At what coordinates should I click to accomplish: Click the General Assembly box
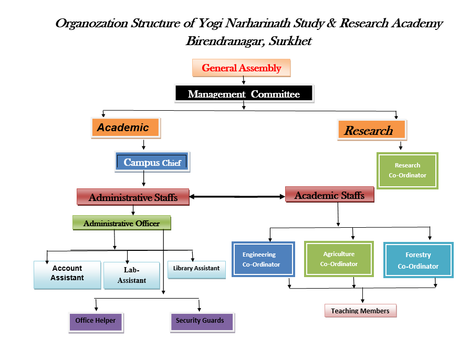242,68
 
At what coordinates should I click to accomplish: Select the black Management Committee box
244,94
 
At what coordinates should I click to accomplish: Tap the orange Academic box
126,128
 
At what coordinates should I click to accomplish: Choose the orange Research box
371,130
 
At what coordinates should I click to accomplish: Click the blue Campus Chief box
152,162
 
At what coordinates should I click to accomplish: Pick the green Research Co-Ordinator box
408,171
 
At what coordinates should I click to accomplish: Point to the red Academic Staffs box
329,195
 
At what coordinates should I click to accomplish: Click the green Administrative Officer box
122,223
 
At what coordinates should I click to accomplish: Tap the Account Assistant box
67,274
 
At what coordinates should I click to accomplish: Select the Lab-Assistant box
132,274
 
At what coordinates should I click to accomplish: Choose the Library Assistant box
196,269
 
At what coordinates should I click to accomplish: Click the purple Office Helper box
96,321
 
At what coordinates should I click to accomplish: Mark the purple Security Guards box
200,321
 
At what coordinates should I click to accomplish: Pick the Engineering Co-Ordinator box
262,259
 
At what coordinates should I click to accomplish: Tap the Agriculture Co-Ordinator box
339,259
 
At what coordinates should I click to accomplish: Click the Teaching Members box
360,311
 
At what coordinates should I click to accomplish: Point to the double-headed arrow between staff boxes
237,197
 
